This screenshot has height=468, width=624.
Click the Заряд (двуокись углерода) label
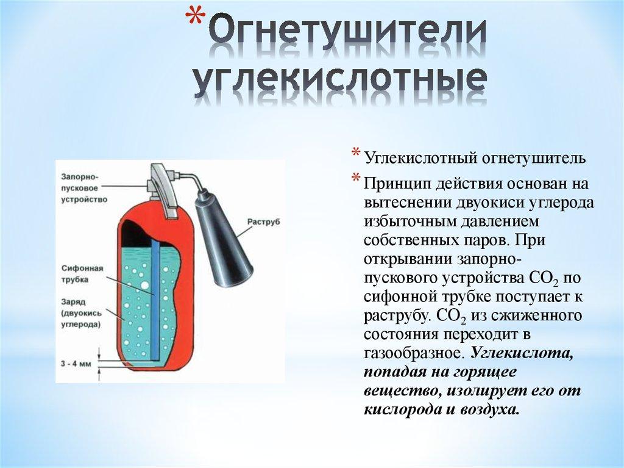point(80,313)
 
